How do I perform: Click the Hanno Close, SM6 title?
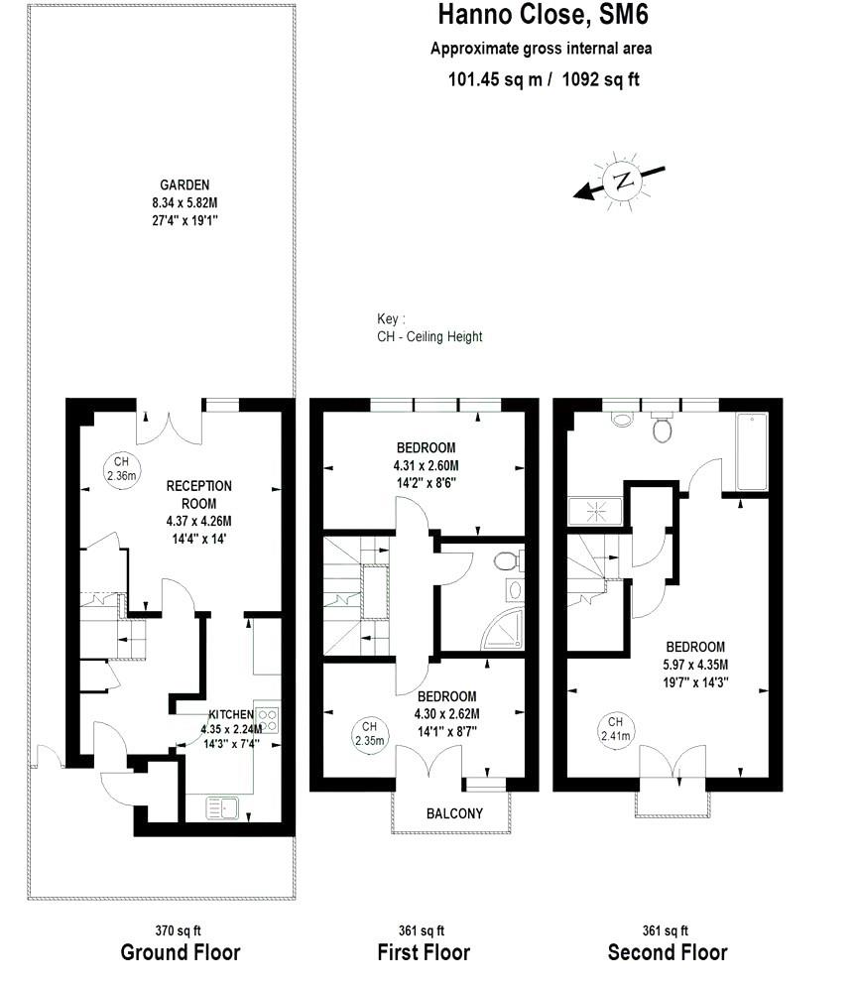pos(543,16)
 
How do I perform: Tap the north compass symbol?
pos(623,181)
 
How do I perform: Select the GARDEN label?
pos(185,185)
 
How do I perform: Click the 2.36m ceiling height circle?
pos(122,468)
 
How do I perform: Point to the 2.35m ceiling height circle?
pos(368,733)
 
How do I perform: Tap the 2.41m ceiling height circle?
pos(616,728)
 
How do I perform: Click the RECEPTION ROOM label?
pos(198,493)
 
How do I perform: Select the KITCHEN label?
pos(231,714)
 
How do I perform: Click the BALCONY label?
pos(454,813)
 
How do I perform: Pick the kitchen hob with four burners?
pos(268,721)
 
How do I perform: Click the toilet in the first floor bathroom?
pos(506,560)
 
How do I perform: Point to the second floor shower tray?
pos(594,512)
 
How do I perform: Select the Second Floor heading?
pos(667,953)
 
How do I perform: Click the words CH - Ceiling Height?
pos(429,336)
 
